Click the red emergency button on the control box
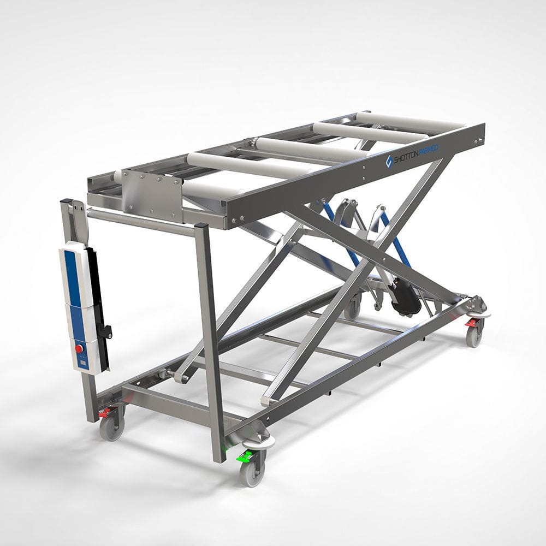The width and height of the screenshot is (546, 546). pos(79,347)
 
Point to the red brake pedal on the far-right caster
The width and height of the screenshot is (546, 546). pos(470,323)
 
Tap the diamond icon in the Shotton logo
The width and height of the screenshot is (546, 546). pos(389,161)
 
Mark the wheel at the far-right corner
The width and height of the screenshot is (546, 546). pos(473,336)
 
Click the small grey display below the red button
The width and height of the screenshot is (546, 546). pos(82,360)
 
